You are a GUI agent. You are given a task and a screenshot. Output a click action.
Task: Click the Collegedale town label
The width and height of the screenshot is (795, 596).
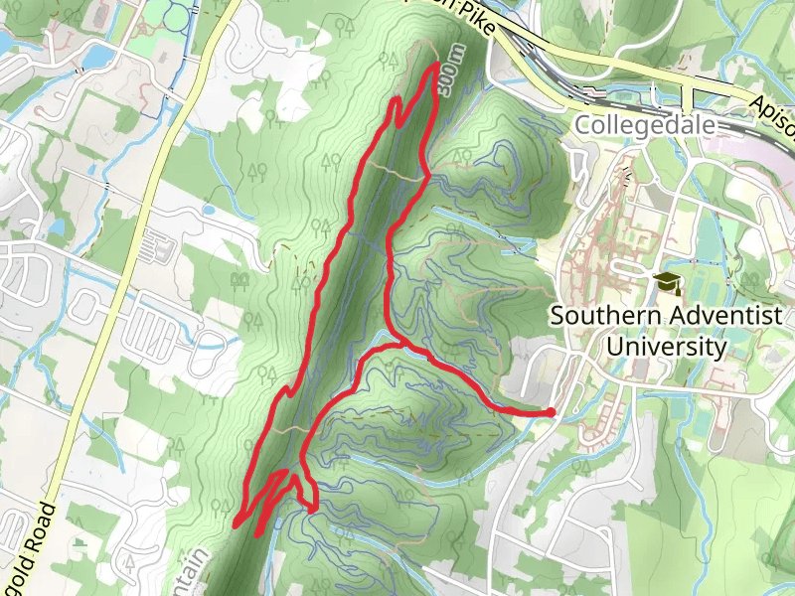tap(644, 126)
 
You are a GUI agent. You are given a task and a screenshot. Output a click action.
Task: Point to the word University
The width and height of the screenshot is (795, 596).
tap(666, 347)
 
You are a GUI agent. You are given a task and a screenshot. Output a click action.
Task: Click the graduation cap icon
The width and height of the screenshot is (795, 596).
tap(665, 282)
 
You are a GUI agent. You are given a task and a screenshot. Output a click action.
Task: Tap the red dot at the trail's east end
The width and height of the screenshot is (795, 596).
tap(551, 412)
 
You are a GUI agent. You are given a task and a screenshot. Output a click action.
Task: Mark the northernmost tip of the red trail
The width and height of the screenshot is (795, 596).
tap(438, 65)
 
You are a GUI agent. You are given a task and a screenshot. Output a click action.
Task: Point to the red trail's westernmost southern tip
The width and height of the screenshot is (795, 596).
tap(236, 521)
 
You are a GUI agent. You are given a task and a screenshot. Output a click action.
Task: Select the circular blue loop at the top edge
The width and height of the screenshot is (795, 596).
tap(177, 12)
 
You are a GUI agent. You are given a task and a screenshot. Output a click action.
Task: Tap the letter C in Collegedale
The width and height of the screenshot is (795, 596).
tap(583, 126)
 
